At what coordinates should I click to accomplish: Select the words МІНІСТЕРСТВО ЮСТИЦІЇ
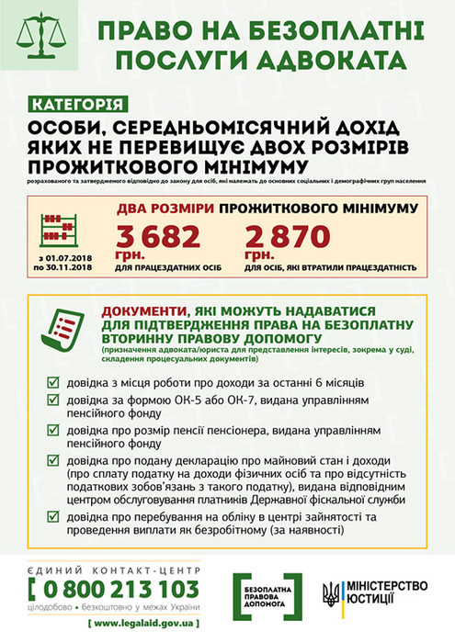pyautogui.click(x=386, y=593)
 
